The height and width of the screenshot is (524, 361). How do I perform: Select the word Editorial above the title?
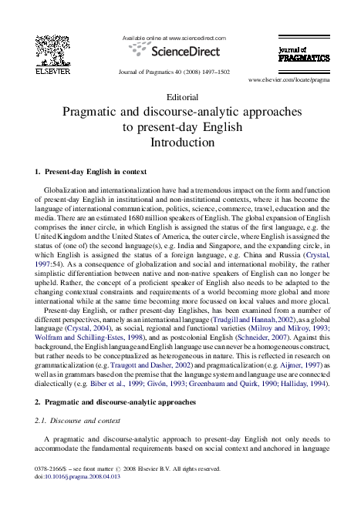[181, 98]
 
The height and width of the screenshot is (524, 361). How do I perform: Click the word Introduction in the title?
[181, 142]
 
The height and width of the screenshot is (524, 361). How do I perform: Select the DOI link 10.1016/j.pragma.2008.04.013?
[83, 499]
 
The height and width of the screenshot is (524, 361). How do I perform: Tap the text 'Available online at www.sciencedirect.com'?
[174, 38]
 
